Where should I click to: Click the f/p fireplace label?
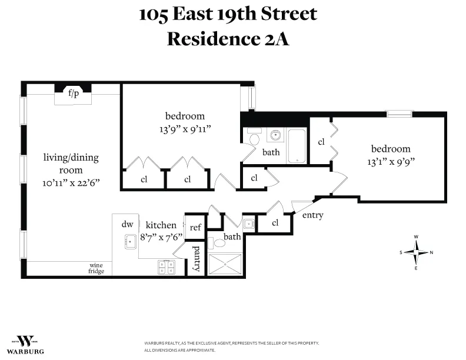[74, 94]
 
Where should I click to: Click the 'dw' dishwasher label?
[127, 224]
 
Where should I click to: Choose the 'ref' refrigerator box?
[195, 226]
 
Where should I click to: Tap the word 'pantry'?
[197, 259]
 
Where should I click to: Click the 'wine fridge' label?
[96, 268]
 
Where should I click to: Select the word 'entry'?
[312, 215]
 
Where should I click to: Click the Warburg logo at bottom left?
[25, 343]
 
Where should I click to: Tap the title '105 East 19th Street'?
[228, 14]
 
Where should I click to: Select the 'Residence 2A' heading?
[228, 39]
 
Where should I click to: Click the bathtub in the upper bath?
[298, 145]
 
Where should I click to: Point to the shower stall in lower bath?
[224, 264]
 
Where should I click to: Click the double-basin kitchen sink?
[166, 268]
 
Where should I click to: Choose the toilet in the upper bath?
[254, 139]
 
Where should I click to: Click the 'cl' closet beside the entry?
[275, 223]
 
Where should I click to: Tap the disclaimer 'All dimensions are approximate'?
[180, 350]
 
